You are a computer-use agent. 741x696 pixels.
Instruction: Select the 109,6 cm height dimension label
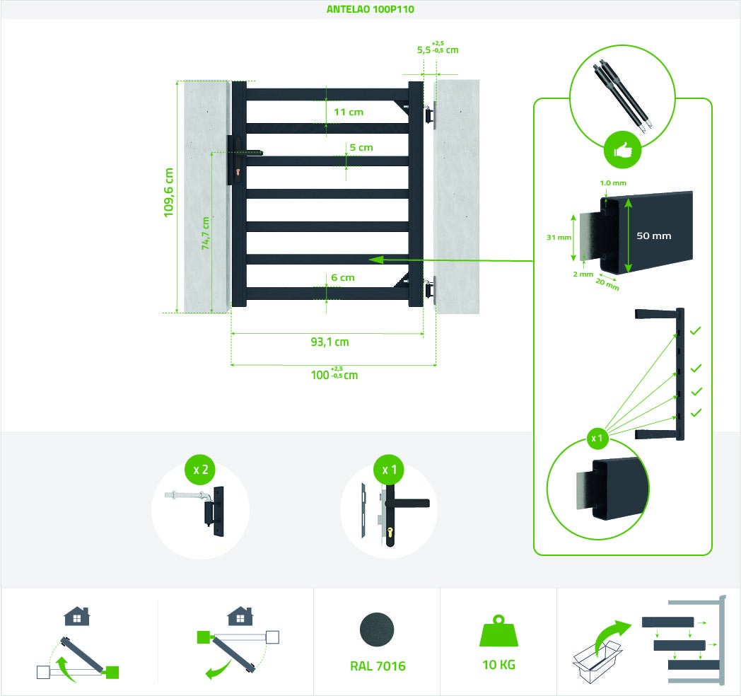pos(169,192)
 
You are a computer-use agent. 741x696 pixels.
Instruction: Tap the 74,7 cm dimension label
pos(206,233)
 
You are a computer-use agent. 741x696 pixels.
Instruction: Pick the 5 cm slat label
pos(361,147)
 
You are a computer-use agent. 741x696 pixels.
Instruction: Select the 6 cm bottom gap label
pos(343,277)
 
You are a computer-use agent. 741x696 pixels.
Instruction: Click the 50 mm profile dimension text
pos(653,236)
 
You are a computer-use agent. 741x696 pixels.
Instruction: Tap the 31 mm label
pos(559,238)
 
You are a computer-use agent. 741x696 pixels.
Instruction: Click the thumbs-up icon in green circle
pos(622,150)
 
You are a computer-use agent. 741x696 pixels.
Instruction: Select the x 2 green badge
pos(200,470)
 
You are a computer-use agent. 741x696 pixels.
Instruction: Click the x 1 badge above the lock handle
pos(389,470)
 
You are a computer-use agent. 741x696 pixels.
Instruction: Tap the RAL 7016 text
pos(378,666)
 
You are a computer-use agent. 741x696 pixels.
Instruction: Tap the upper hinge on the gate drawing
pos(428,114)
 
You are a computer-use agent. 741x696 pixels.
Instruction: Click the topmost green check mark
pos(695,330)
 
